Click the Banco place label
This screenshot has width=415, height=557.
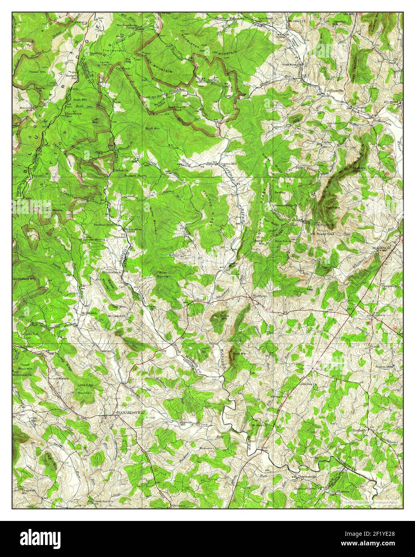click(362, 107)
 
